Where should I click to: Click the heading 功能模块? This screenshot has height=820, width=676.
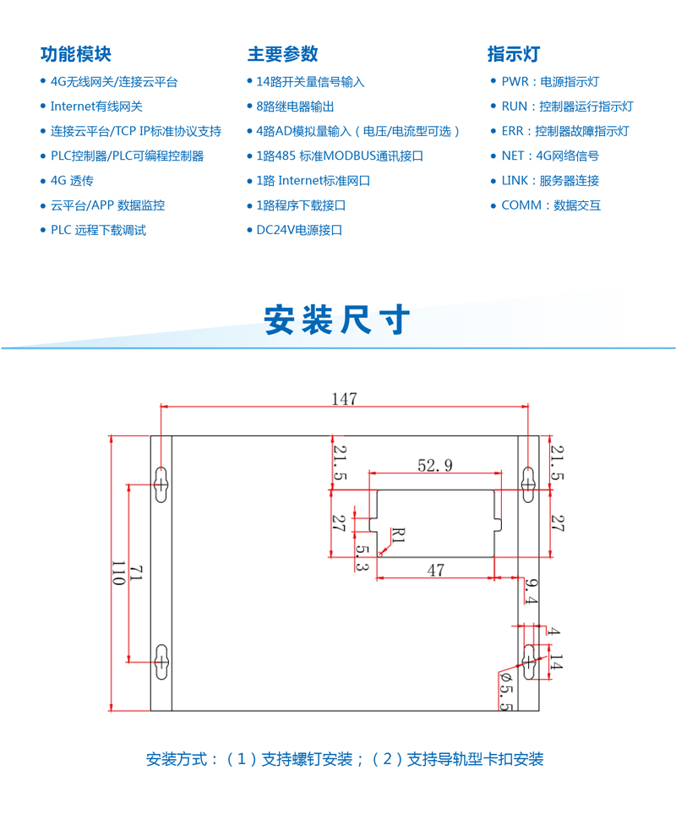point(76,54)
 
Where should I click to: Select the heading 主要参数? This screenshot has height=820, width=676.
point(283,54)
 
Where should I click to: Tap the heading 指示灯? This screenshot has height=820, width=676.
point(514,54)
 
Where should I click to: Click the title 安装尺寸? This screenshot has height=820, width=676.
point(336,320)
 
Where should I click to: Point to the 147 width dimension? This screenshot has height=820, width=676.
point(344,399)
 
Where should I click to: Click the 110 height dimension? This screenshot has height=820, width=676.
point(118,572)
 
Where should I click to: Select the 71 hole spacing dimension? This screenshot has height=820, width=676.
point(135,572)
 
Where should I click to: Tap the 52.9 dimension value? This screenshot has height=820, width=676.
point(435,465)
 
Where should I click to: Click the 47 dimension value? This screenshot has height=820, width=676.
point(435,570)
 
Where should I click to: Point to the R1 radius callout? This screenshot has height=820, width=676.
point(398,535)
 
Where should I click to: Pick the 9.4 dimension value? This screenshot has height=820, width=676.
point(532,591)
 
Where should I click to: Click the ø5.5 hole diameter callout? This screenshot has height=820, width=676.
point(506,691)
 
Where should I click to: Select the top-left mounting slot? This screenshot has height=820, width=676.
point(161,484)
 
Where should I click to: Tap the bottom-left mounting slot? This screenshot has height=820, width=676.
point(161,662)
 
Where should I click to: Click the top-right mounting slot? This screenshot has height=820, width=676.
point(529,484)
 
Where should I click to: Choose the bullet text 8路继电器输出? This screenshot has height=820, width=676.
point(295,107)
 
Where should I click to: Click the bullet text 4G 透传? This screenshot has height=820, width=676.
point(72,181)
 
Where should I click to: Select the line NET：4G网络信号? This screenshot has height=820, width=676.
point(550,156)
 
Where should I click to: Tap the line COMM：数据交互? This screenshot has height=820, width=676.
point(551,205)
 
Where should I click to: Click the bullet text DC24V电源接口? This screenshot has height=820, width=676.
point(299,230)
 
